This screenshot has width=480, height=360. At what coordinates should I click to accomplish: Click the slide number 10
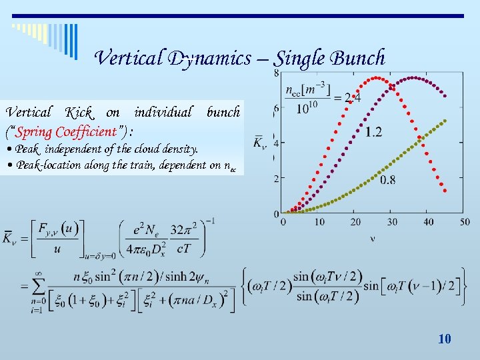tap(445, 339)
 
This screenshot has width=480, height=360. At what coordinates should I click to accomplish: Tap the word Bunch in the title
tap(359, 58)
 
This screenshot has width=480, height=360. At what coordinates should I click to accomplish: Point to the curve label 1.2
tap(374, 132)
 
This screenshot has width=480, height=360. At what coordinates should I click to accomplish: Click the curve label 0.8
tap(387, 179)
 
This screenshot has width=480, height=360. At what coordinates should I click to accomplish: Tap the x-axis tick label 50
tap(464, 221)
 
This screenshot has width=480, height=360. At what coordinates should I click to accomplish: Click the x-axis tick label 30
tap(392, 221)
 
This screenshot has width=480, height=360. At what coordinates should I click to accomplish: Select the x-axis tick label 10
tap(319, 221)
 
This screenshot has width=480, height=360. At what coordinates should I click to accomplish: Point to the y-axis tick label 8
tap(276, 72)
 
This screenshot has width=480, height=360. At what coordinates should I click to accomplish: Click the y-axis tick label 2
tap(276, 179)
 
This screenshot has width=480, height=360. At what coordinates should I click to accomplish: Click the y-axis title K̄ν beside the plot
tap(260, 143)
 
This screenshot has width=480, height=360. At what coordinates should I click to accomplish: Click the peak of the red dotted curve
tap(377, 78)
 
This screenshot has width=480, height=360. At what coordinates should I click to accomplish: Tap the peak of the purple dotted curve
tap(413, 78)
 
